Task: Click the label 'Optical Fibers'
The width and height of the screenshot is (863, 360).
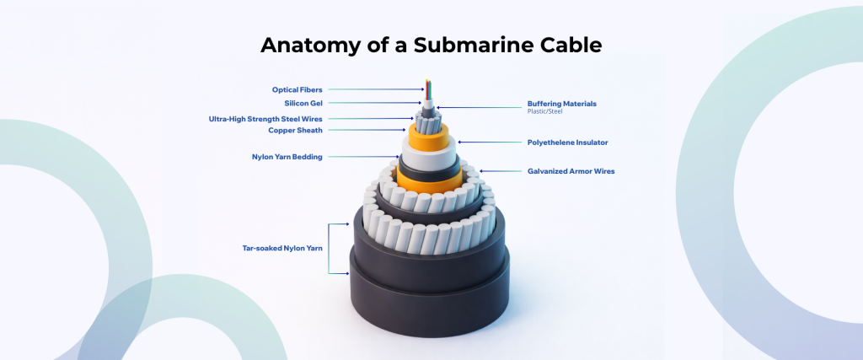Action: point(297,89)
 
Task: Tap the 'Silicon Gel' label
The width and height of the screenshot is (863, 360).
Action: point(303,104)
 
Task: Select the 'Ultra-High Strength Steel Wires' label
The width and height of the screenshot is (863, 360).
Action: point(265,119)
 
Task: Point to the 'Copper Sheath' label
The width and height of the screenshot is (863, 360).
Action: point(295,130)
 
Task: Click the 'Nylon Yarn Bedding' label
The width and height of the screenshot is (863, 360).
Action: point(287,157)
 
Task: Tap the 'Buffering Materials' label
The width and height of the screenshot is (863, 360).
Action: point(561,104)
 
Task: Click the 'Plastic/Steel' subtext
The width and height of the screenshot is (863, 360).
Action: point(544,111)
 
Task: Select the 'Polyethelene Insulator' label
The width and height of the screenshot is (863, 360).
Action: point(567,142)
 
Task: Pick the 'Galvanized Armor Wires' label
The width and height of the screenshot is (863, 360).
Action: point(571,171)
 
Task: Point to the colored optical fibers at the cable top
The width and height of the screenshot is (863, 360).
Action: point(428,91)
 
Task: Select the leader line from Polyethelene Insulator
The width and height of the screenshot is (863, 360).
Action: point(489,142)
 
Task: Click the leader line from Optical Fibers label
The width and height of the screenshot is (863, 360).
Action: point(371,89)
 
